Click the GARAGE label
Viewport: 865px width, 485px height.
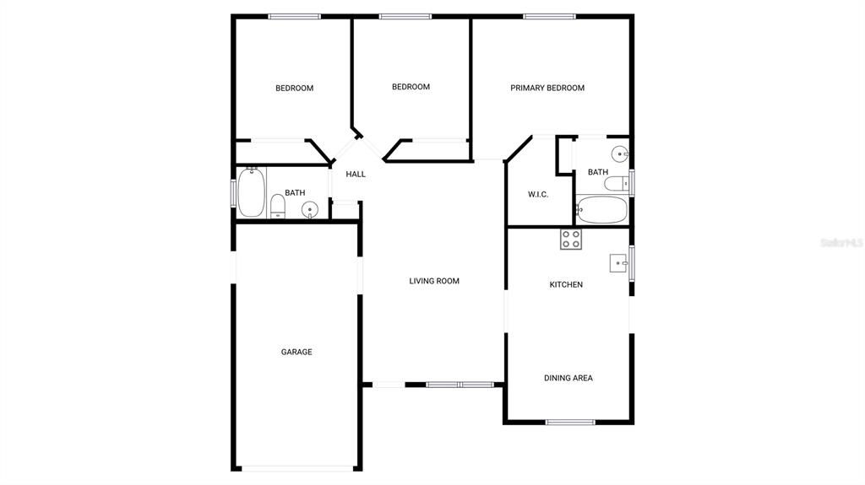pyautogui.click(x=296, y=352)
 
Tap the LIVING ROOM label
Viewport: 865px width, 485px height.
pyautogui.click(x=434, y=281)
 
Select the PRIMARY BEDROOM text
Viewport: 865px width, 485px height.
pyautogui.click(x=547, y=88)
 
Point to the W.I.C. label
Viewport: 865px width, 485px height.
pyautogui.click(x=538, y=194)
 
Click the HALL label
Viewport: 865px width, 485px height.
pyautogui.click(x=356, y=174)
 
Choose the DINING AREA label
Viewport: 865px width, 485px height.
pyautogui.click(x=568, y=378)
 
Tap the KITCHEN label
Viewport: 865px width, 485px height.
pyautogui.click(x=566, y=284)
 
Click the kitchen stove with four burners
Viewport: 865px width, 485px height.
pyautogui.click(x=571, y=240)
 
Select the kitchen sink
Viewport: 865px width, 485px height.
pyautogui.click(x=619, y=263)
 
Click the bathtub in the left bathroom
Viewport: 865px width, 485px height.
pyautogui.click(x=252, y=192)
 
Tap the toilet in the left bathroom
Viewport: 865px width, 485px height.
pyautogui.click(x=277, y=206)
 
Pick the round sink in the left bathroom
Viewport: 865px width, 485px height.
pyautogui.click(x=310, y=210)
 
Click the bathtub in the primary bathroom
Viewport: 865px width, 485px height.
pyautogui.click(x=602, y=208)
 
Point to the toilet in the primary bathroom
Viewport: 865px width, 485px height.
pyautogui.click(x=617, y=183)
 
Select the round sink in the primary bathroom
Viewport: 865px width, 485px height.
pyautogui.click(x=621, y=154)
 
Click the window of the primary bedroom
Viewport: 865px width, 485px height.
pyautogui.click(x=549, y=15)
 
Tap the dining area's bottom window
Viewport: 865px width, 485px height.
pyautogui.click(x=571, y=422)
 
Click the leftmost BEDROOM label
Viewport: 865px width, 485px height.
pyautogui.click(x=294, y=88)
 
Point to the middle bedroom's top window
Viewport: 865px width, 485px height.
pyautogui.click(x=405, y=15)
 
